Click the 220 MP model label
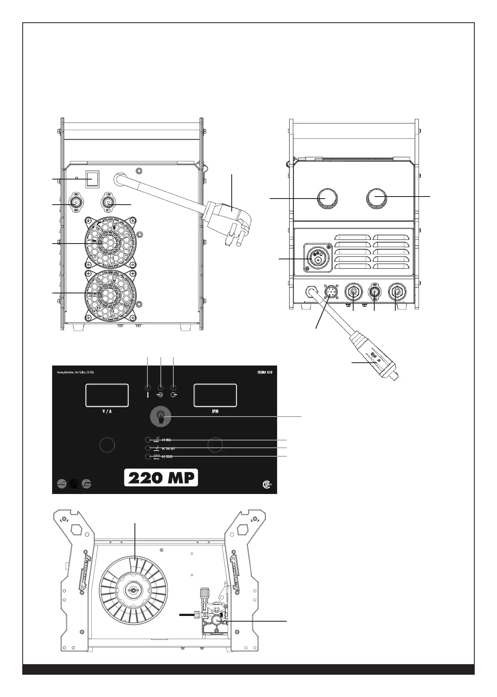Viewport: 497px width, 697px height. (161, 478)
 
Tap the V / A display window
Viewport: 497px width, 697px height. (107, 395)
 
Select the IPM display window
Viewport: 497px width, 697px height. (215, 395)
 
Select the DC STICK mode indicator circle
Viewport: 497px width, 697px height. (148, 457)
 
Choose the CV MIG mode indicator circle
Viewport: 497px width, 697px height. (148, 440)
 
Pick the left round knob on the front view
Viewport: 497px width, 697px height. (326, 198)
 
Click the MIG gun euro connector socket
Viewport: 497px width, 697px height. (318, 258)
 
